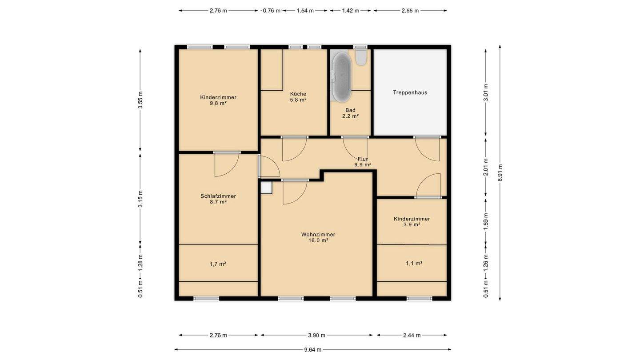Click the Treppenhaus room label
410,92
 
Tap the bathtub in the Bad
341,76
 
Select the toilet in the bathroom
361,58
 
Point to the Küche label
298,94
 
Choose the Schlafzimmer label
218,196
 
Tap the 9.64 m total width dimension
312,349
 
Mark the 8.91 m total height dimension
500,172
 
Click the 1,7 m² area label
218,264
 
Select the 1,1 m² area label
414,264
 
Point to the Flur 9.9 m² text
363,162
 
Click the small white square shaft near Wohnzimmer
266,188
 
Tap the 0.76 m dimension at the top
272,11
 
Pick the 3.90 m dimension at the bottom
316,335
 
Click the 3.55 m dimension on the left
140,100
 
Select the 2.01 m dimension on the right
486,167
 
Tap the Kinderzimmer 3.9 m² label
412,222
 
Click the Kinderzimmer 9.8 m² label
218,100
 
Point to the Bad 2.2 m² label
351,113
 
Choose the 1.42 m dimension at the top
351,11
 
